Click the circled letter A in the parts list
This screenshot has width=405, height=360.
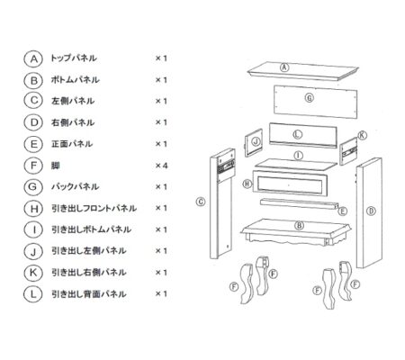[x=34, y=58]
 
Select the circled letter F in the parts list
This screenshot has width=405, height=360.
[x=34, y=166]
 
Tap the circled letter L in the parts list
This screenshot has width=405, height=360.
[x=33, y=293]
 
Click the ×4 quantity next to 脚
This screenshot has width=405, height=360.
[x=161, y=166]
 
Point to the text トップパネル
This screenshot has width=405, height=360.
[x=74, y=58]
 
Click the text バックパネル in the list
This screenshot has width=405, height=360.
[x=75, y=186]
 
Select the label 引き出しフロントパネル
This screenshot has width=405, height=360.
[x=94, y=208]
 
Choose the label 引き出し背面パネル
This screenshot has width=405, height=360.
[x=89, y=293]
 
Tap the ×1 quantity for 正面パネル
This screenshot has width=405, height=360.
[x=161, y=144]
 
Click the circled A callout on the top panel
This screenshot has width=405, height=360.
[x=284, y=67]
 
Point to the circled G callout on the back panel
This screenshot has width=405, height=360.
[x=310, y=98]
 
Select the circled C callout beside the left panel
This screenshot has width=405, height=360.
[x=201, y=202]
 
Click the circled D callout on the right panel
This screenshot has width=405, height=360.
[x=371, y=211]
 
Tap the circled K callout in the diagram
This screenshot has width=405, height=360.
[x=362, y=135]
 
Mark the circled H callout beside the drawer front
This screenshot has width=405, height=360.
[x=247, y=184]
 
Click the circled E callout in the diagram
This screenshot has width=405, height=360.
[x=343, y=211]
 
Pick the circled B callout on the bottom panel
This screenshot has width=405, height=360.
[x=299, y=226]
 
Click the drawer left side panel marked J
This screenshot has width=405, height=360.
[x=254, y=142]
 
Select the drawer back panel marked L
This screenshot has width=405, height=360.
[x=303, y=135]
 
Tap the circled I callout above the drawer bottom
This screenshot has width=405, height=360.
[x=298, y=156]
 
